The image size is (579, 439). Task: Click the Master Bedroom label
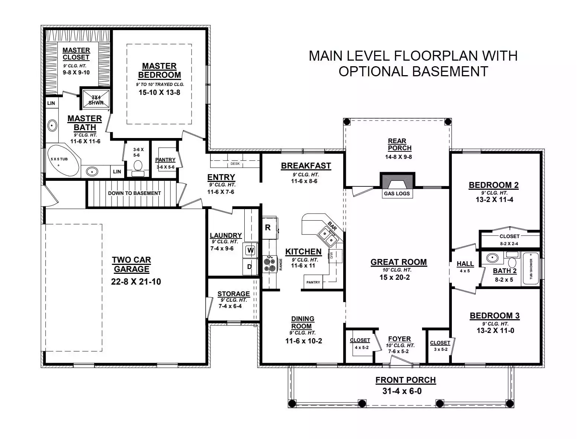click(159, 70)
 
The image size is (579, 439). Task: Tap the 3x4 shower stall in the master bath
click(96, 99)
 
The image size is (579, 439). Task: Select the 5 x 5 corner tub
click(63, 161)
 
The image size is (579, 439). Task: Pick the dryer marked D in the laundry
click(250, 266)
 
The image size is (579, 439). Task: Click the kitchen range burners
click(269, 264)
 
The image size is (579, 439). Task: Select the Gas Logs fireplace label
click(397, 193)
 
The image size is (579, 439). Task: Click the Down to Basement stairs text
click(134, 193)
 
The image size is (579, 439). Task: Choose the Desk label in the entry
click(235, 164)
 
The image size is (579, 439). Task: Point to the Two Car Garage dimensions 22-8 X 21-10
click(136, 282)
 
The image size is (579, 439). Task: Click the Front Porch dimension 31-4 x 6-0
click(402, 391)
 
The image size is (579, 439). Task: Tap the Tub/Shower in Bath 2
click(531, 269)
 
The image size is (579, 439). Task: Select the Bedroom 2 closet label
click(509, 236)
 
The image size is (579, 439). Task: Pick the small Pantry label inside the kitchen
click(313, 282)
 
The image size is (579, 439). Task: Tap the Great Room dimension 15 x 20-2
click(395, 277)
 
